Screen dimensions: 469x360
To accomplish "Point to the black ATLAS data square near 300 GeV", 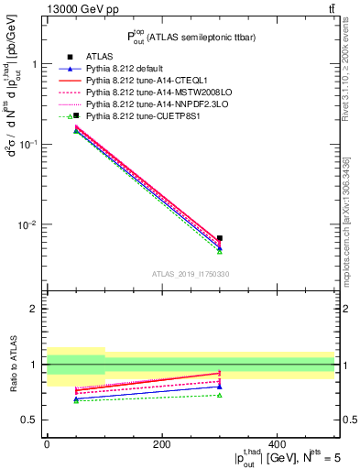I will click(x=220, y=238).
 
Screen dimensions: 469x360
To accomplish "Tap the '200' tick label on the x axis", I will click(x=161, y=445).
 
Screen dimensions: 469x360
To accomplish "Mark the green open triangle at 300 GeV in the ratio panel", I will click(x=220, y=395).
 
